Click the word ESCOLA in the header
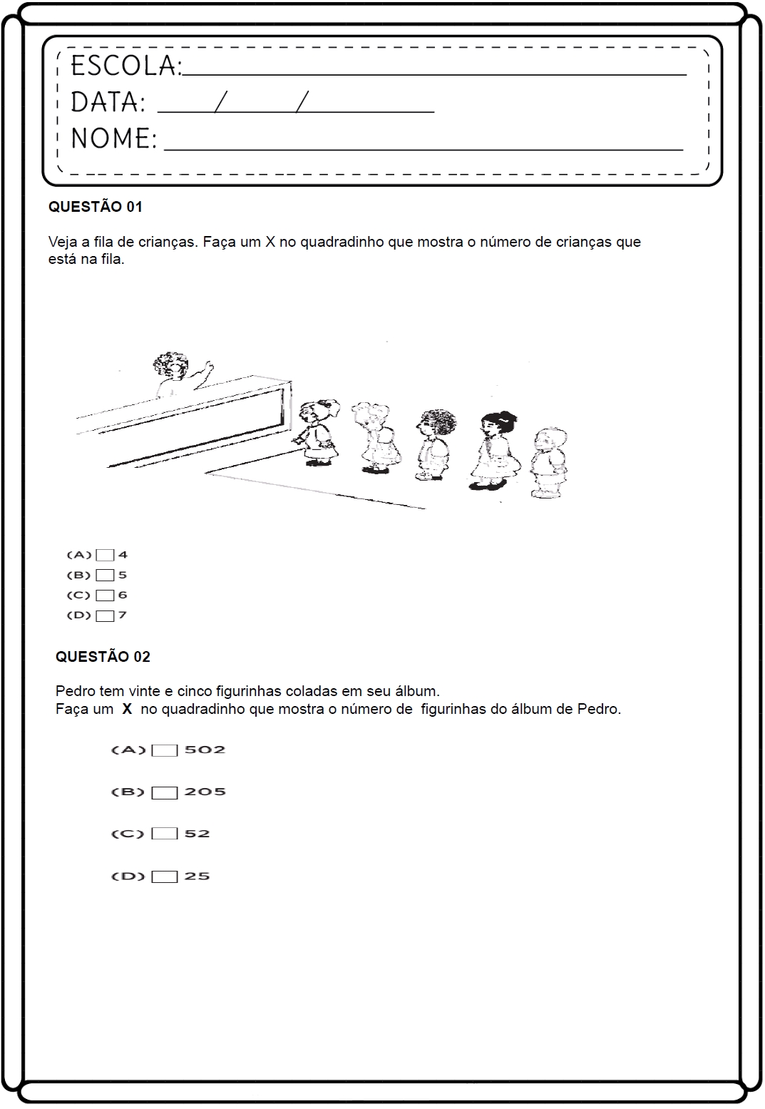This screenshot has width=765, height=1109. click(x=125, y=66)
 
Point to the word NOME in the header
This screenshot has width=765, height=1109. click(x=113, y=138)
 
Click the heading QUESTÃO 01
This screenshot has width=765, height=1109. click(x=96, y=207)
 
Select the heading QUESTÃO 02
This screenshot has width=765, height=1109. click(x=103, y=657)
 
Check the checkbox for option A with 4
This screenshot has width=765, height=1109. click(x=105, y=555)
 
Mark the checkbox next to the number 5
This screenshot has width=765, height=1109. click(x=105, y=575)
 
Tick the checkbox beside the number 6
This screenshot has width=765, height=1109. click(x=105, y=596)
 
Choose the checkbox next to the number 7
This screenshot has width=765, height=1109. click(x=105, y=615)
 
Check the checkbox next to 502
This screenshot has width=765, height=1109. click(x=165, y=750)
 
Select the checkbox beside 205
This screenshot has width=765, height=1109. click(x=165, y=792)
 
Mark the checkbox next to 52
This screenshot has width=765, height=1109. click(x=165, y=834)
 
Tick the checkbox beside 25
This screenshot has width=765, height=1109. click(x=165, y=877)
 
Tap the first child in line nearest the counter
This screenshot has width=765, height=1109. click(x=317, y=432)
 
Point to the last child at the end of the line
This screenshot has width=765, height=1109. click(x=549, y=461)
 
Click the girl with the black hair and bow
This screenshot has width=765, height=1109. click(x=494, y=449)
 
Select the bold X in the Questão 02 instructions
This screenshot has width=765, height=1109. click(x=127, y=709)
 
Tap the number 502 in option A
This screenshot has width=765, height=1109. click(x=205, y=750)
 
